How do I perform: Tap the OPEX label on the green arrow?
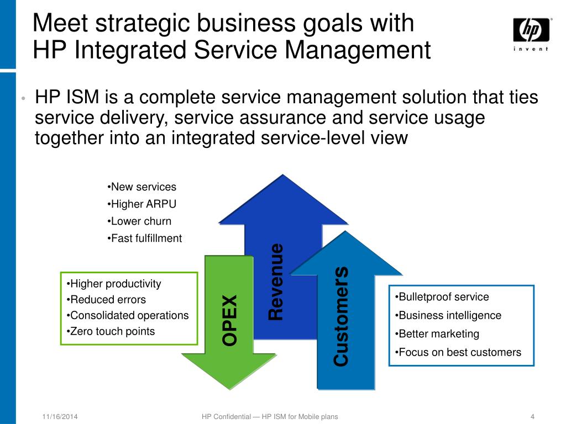pos(229,320)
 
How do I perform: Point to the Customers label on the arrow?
pos(341,316)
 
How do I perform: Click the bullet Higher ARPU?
pos(143,204)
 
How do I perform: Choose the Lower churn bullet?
pos(141,221)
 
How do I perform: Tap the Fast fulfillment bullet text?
pos(146,239)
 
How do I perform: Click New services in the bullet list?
pos(143,187)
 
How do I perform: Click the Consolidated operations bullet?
pos(129,315)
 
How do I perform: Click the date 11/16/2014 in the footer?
pos(60,417)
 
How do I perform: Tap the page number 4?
pos(532,417)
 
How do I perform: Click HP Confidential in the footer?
pos(227,417)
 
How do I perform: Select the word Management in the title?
pos(358,50)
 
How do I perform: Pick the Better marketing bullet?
pos(439,334)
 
